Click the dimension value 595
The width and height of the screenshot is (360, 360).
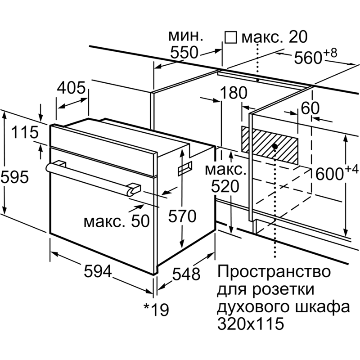coord(15,177)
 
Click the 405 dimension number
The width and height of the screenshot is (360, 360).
coord(71,88)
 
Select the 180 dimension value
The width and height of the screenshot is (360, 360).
coord(234,93)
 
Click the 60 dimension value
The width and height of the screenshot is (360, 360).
coord(310,108)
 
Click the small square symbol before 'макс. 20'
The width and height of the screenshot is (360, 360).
coord(231,37)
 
